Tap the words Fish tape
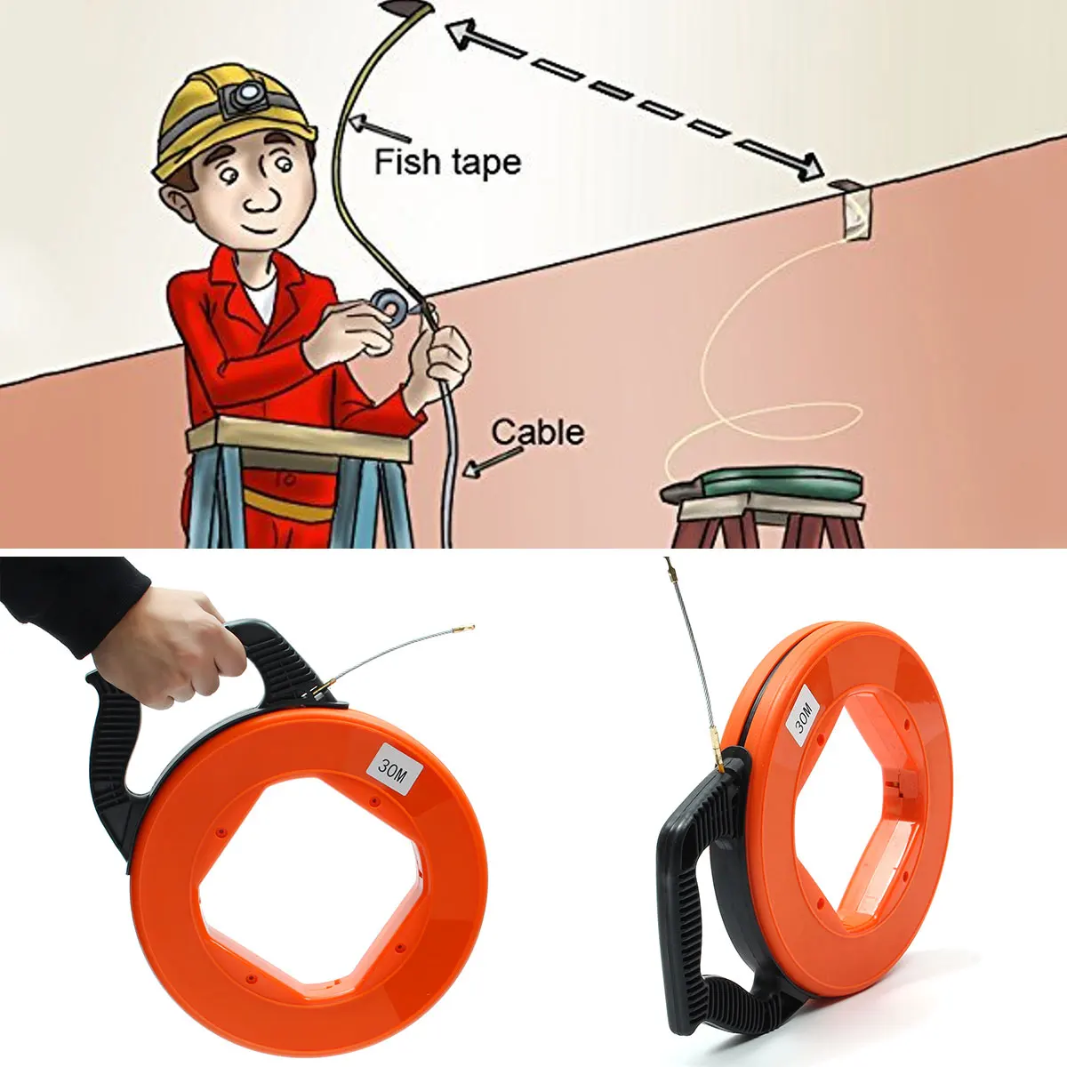click(447, 163)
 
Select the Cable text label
click(538, 432)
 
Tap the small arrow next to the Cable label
click(493, 461)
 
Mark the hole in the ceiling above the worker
click(407, 10)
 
